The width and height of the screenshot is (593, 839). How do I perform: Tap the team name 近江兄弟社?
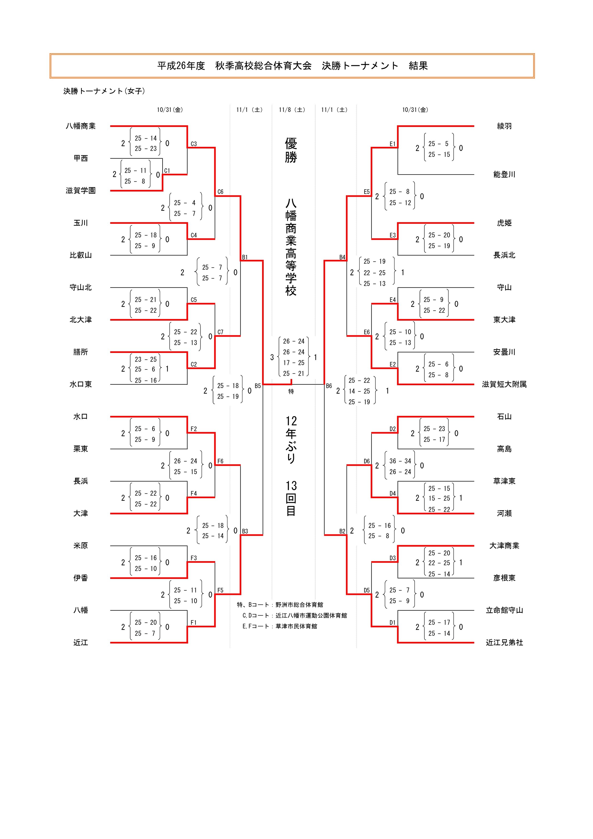click(504, 642)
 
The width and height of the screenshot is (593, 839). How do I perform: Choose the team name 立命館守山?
click(504, 610)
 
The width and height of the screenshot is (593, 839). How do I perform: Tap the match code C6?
click(220, 192)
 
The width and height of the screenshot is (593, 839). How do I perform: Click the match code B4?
click(342, 257)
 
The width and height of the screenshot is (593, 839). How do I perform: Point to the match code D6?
click(367, 461)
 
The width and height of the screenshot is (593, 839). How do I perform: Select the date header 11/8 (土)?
click(292, 110)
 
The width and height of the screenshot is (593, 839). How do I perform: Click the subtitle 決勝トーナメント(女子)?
click(104, 91)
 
